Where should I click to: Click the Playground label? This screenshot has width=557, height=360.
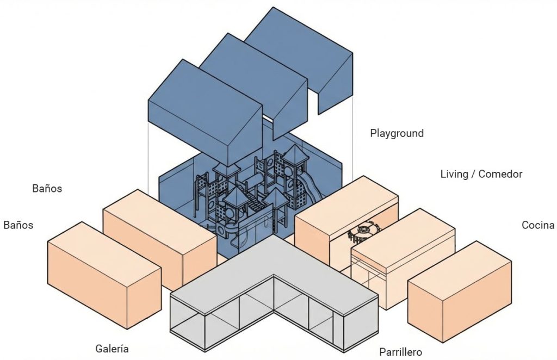(397, 133)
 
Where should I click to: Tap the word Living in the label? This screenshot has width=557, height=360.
(454, 175)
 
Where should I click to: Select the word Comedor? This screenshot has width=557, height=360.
(500, 175)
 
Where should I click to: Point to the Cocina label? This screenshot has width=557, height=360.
(538, 225)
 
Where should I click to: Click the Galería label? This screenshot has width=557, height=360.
(112, 349)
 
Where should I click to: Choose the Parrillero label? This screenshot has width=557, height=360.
(400, 352)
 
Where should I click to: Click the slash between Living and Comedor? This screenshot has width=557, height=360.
(473, 175)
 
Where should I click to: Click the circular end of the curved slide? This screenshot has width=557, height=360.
(222, 230)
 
